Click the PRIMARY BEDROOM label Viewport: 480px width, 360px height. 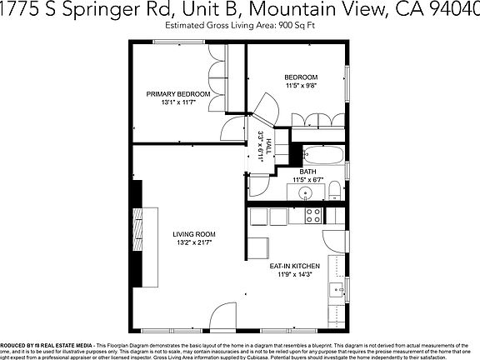pyautogui.click(x=178, y=94)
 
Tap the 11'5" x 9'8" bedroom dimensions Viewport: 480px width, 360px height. pyautogui.click(x=301, y=85)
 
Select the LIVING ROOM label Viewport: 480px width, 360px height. pyautogui.click(x=194, y=233)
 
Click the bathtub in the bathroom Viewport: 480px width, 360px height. pyautogui.click(x=321, y=154)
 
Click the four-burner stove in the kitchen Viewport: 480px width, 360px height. pyautogui.click(x=313, y=216)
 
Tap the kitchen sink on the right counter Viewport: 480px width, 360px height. pyautogui.click(x=338, y=292)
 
